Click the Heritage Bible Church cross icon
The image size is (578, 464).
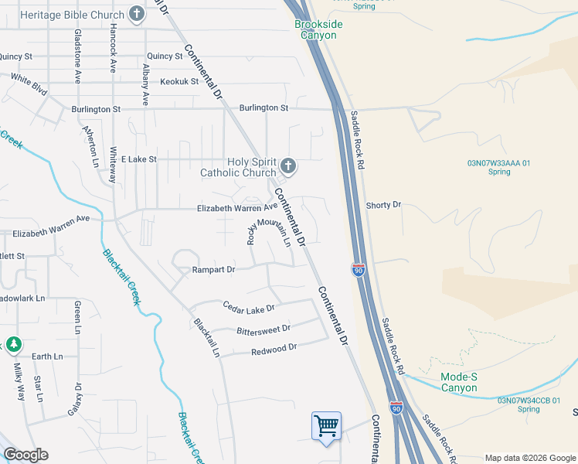point(137,14)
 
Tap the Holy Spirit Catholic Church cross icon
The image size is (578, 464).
point(288,165)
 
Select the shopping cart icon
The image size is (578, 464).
point(326,425)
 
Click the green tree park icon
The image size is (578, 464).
point(13,343)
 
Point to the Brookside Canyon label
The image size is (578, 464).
point(318,29)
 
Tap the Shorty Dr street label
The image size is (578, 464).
point(383,205)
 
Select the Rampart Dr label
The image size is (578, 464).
point(213,270)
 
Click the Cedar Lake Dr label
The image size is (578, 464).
point(249,308)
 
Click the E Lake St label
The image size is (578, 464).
point(137,159)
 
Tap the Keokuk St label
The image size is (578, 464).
point(179,81)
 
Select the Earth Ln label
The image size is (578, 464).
point(47,357)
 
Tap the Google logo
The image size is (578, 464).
point(25,455)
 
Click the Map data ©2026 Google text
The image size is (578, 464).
point(529,458)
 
